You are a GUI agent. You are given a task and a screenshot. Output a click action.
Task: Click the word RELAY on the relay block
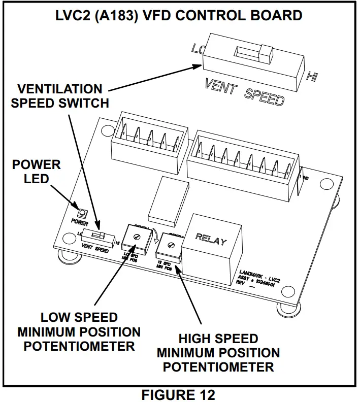[x=211, y=239]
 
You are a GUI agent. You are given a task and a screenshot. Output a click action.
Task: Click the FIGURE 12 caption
[x=178, y=394]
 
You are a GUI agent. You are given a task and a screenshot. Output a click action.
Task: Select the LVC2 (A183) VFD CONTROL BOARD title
[x=179, y=15]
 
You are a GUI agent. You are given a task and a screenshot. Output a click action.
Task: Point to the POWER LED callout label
[x=37, y=172]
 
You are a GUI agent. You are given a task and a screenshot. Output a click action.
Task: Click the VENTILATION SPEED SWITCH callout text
[x=60, y=96]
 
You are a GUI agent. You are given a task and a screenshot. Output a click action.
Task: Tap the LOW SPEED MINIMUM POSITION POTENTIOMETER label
[x=79, y=332]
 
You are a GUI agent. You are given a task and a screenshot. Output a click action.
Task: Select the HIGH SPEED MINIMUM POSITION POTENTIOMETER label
[x=218, y=353]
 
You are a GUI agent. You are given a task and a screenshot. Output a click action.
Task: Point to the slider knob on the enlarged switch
[x=264, y=52]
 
